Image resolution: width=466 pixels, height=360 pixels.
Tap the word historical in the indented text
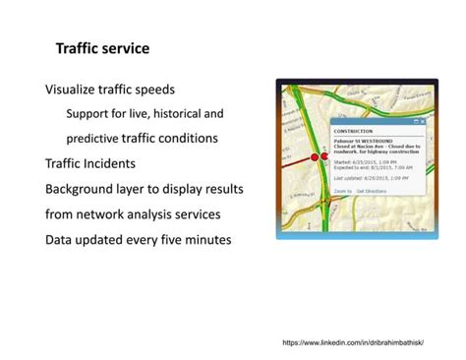pyautogui.click(x=171, y=113)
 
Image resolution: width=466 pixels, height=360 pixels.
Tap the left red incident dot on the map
pyautogui.click(x=316, y=156)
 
